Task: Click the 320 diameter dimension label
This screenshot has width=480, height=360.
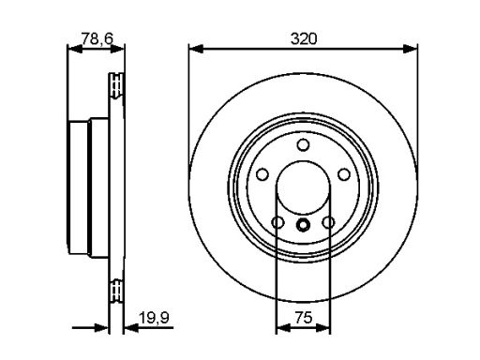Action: tap(304, 38)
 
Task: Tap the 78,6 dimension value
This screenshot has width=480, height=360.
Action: tap(97, 38)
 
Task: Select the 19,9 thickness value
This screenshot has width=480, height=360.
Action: tap(154, 318)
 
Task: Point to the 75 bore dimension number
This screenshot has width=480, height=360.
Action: tap(304, 318)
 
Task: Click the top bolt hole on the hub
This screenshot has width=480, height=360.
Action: tap(303, 145)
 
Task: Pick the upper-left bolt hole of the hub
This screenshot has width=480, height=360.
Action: tap(262, 174)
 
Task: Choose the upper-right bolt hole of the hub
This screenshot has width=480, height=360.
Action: tap(344, 174)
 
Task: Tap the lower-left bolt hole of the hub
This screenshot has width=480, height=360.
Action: tap(277, 222)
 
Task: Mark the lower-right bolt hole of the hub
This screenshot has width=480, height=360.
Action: tap(328, 222)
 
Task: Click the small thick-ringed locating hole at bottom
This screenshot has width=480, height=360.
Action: tap(303, 224)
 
